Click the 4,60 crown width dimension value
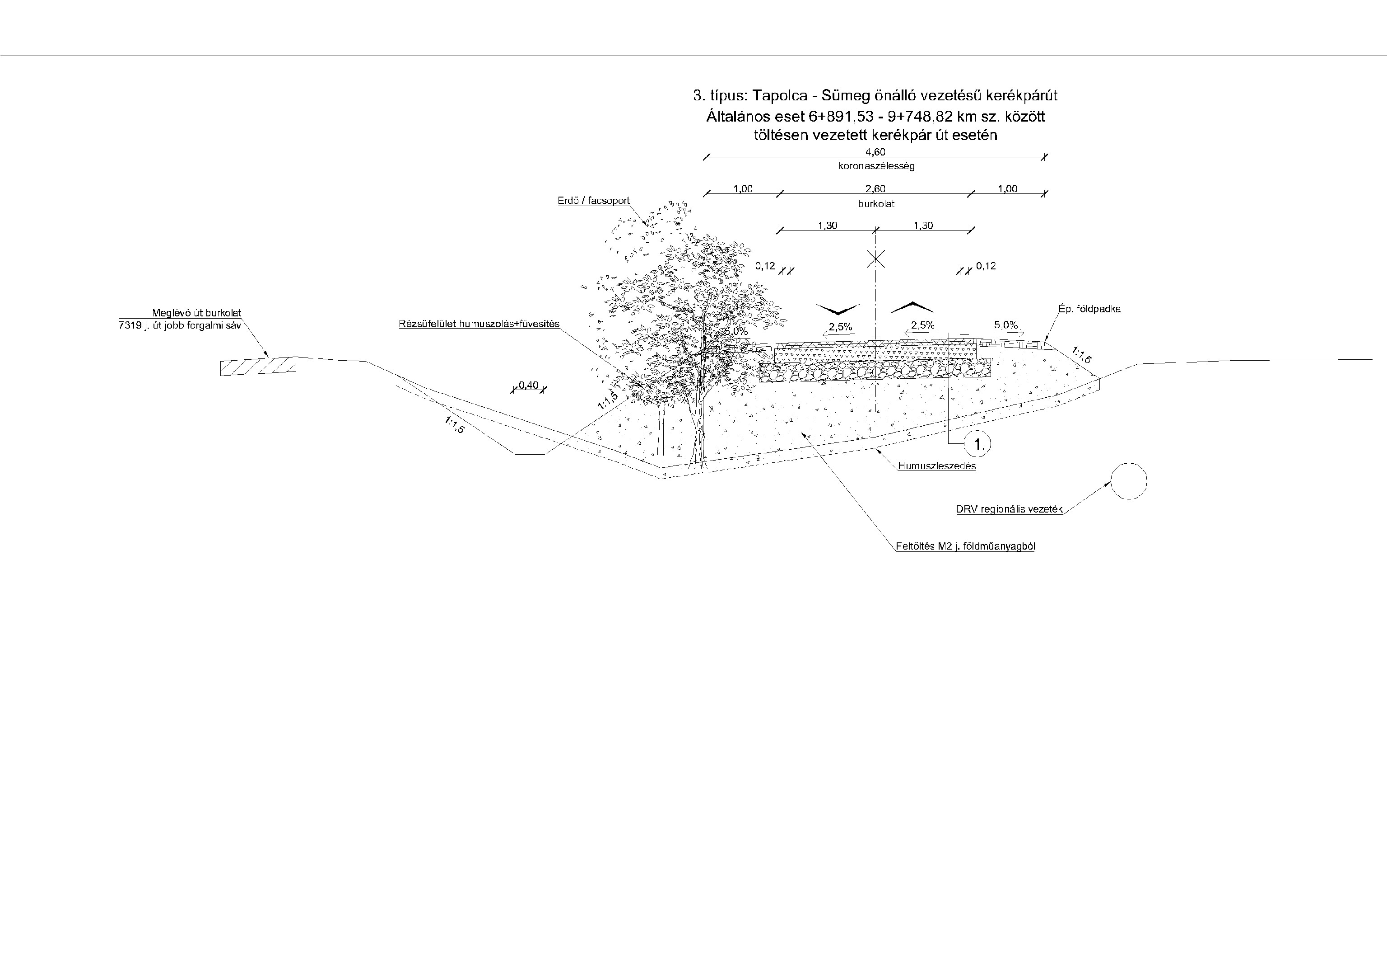875,152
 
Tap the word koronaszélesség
876,166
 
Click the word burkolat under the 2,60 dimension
876,204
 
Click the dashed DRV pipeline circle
1128,481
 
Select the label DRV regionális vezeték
1009,510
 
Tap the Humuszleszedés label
936,466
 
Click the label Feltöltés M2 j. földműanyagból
965,546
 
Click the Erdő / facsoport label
593,201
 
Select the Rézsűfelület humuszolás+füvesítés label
479,324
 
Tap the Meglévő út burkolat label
196,313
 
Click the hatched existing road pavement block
258,367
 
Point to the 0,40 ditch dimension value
529,386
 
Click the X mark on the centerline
876,259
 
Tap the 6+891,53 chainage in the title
840,116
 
